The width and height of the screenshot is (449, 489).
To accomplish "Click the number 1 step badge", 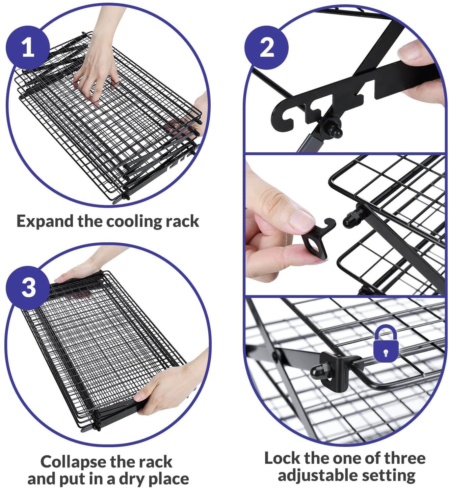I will pyautogui.click(x=28, y=48).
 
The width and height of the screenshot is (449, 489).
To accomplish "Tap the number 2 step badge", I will pyautogui.click(x=267, y=48).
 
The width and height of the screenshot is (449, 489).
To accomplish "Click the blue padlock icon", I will pyautogui.click(x=385, y=344).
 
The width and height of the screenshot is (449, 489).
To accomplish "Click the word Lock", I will pyautogui.click(x=282, y=458).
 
